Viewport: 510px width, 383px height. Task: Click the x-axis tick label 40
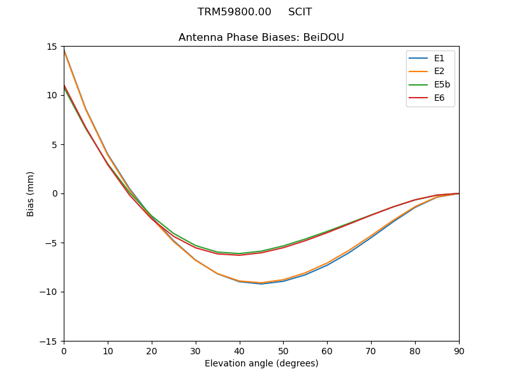point(240,350)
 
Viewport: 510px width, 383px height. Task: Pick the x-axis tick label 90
point(459,350)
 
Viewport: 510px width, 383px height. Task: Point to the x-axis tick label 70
point(371,350)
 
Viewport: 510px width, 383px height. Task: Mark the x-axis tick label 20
point(152,350)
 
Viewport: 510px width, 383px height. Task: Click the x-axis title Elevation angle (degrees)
point(261,363)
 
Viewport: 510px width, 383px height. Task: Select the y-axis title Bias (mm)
point(31,193)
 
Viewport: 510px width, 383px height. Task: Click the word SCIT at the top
point(300,12)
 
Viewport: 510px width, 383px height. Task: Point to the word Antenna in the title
point(198,38)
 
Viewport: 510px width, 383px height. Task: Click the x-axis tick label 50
point(283,350)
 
